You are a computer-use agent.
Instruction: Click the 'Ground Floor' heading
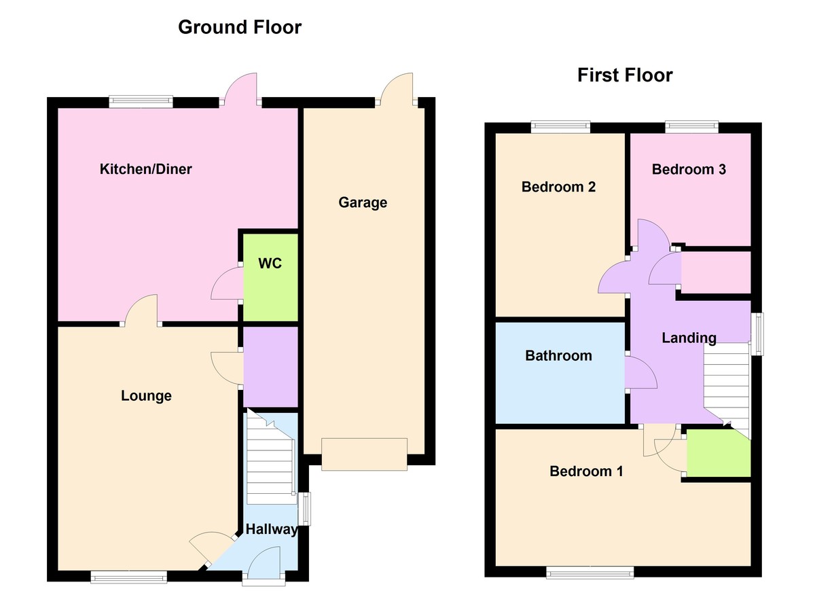240,27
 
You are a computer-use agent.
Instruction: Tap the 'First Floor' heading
625,75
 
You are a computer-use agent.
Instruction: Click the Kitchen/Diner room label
145,169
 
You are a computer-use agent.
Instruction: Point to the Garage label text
363,202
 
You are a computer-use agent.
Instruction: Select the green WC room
270,278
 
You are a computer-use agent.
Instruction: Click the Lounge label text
146,396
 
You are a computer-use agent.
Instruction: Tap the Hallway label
272,529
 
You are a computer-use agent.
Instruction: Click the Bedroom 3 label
689,169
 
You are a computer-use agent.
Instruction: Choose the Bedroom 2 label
558,187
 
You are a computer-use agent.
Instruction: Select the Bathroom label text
558,355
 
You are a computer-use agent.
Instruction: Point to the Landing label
689,338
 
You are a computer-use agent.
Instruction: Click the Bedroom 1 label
586,471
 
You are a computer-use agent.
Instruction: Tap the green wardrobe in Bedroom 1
719,454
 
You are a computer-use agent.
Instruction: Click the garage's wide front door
364,454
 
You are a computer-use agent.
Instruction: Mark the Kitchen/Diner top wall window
141,102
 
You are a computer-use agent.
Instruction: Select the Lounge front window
129,577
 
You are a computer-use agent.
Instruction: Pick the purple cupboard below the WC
270,367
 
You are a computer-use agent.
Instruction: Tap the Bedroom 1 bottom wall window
590,572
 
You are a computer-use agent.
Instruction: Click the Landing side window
757,334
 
